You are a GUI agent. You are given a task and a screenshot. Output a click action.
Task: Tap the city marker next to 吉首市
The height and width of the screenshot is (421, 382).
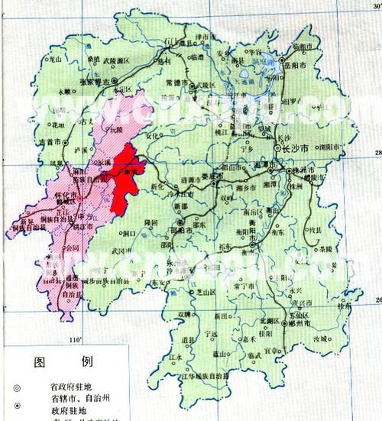[66, 142]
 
